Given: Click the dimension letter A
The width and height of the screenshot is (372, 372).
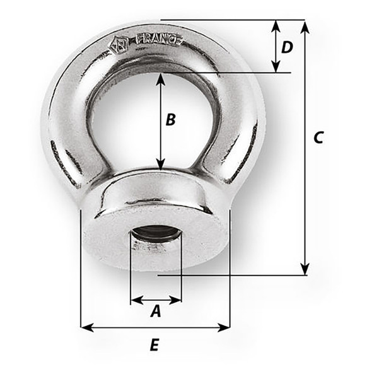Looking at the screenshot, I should [155, 311].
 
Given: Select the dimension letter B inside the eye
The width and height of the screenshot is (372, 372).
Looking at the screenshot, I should [170, 120].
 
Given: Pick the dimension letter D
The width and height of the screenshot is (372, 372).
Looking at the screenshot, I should [287, 47].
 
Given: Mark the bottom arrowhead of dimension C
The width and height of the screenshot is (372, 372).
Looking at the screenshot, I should [305, 270].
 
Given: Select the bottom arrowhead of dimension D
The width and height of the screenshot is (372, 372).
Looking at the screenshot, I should [276, 68].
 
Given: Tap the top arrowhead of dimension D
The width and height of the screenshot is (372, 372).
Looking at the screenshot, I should [276, 25].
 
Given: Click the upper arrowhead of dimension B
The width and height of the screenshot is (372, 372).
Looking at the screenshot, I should [162, 79].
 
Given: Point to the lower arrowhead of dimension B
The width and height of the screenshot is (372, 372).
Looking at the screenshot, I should [162, 165].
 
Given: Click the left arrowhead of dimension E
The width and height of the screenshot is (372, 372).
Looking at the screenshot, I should [86, 327].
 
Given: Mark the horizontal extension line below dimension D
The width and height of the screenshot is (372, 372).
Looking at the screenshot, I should [252, 73].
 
